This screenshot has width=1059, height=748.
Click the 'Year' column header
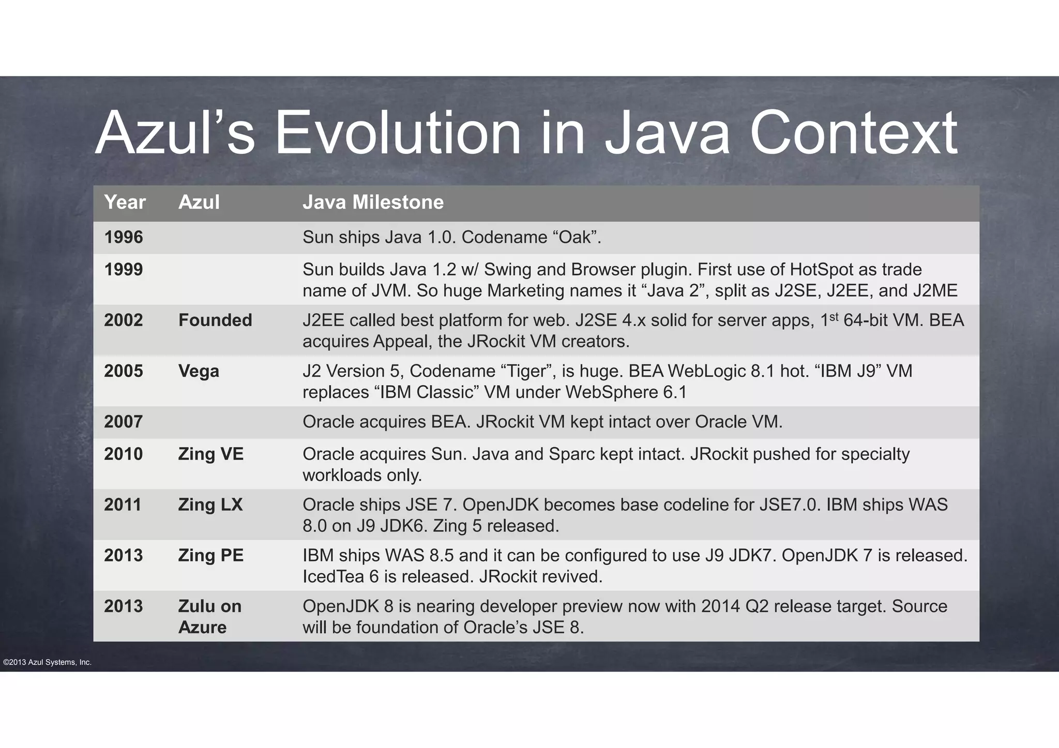[125, 202]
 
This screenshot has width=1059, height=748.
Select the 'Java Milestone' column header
[373, 202]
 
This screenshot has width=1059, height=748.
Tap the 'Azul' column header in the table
[199, 202]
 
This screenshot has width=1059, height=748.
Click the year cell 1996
[124, 237]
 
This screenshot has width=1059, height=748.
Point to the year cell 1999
[124, 269]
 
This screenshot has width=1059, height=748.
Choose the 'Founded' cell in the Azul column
[215, 320]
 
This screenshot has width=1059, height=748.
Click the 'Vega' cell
[199, 371]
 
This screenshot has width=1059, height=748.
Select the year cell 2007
[124, 421]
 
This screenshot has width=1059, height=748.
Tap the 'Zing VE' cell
[210, 454]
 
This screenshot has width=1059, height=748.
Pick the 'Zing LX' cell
[210, 505]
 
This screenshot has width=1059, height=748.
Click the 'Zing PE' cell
[210, 555]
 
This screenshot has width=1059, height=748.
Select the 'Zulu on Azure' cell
[209, 616]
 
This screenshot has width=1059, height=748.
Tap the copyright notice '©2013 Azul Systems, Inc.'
[47, 662]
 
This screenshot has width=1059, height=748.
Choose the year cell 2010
[124, 454]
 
